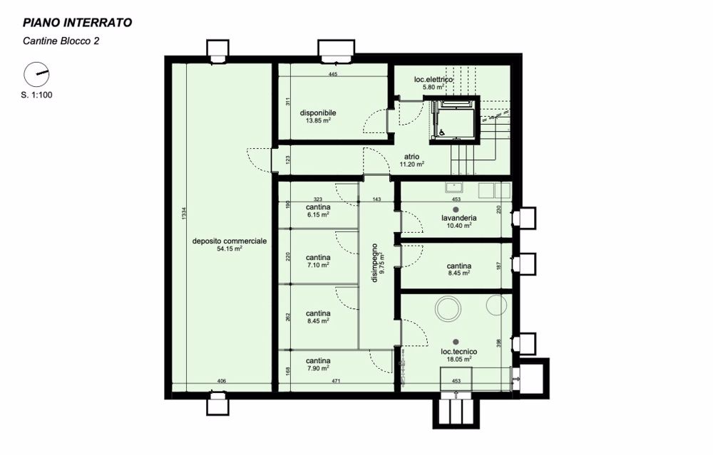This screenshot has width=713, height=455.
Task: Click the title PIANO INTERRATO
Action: coord(76,23)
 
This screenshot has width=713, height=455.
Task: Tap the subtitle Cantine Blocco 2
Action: coord(61,41)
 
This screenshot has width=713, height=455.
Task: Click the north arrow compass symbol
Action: coord(36,74)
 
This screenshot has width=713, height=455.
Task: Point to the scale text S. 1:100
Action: coord(36,94)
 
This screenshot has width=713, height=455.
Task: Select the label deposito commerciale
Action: coord(230,241)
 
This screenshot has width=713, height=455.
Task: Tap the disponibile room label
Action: coord(318,113)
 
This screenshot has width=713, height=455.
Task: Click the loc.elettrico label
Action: coord(434,80)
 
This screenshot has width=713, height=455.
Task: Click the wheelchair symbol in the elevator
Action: coord(441,132)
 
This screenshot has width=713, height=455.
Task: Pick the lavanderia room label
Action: coord(458,218)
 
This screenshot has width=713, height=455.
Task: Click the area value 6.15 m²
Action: coord(318,214)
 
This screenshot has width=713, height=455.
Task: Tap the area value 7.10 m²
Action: coord(318,265)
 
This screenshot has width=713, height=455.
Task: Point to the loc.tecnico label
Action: coord(458,352)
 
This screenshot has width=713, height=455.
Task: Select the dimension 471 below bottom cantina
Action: coord(336,382)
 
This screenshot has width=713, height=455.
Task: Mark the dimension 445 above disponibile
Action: coord(332,74)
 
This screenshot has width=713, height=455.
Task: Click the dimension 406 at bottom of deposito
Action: coord(221,382)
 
